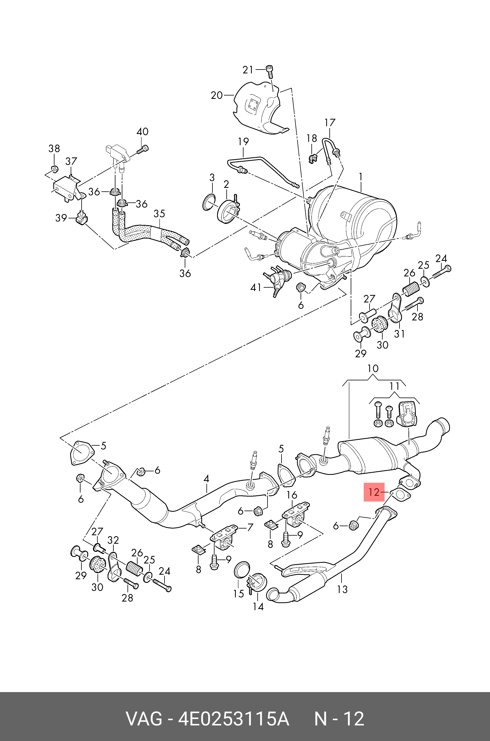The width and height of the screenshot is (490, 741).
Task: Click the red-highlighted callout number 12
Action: pyautogui.click(x=374, y=492)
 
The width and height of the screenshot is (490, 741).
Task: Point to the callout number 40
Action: pyautogui.click(x=142, y=132)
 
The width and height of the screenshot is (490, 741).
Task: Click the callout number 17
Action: pyautogui.click(x=330, y=123)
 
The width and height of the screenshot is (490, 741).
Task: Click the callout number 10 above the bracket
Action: pyautogui.click(x=373, y=368)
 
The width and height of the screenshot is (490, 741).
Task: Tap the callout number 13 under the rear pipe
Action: pyautogui.click(x=342, y=589)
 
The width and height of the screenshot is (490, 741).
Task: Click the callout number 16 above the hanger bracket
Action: pyautogui.click(x=292, y=495)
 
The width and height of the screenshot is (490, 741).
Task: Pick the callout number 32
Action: pyautogui.click(x=113, y=540)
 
